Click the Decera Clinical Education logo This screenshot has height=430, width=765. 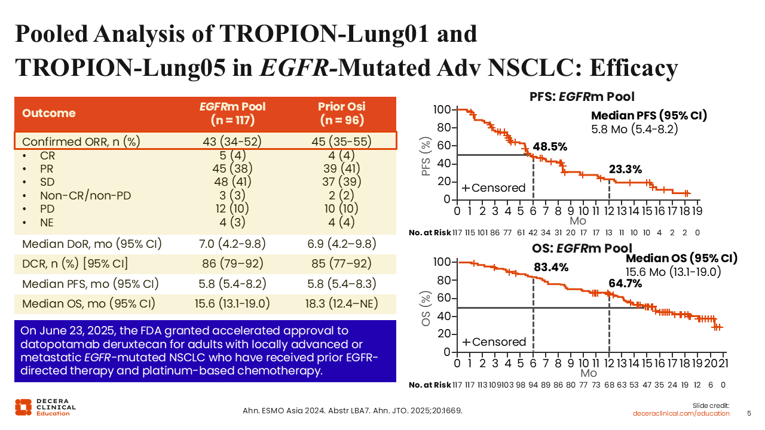click(x=45, y=407)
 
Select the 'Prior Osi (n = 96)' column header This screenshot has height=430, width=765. click(x=341, y=113)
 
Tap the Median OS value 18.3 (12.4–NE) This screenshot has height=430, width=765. click(x=341, y=303)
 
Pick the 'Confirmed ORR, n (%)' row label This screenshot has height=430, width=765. click(x=81, y=142)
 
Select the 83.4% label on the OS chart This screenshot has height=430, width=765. click(x=550, y=267)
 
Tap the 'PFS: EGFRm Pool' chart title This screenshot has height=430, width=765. click(x=582, y=96)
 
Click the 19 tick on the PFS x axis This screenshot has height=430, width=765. click(x=697, y=211)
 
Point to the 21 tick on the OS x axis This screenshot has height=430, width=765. click(x=723, y=363)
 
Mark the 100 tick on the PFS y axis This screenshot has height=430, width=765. click(x=443, y=110)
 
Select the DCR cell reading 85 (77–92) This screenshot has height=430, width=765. click(x=341, y=263)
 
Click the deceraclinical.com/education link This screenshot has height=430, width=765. click(x=681, y=413)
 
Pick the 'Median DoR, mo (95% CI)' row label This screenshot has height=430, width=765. click(x=92, y=244)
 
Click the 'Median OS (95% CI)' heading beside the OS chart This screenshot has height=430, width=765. click(x=681, y=259)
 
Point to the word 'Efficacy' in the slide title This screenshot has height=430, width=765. click(x=634, y=67)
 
